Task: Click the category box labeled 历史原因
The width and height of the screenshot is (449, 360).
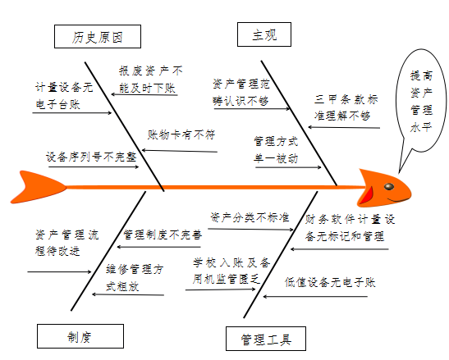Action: (96, 37)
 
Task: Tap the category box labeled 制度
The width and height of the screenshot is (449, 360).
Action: (80, 336)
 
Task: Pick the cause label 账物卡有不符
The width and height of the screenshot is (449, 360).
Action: (181, 134)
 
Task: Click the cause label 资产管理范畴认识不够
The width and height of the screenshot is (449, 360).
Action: (241, 92)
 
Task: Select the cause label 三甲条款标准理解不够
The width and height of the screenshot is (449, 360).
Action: (346, 107)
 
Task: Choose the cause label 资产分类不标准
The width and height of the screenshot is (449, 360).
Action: (250, 217)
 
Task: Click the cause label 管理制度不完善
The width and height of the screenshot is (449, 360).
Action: (162, 235)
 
